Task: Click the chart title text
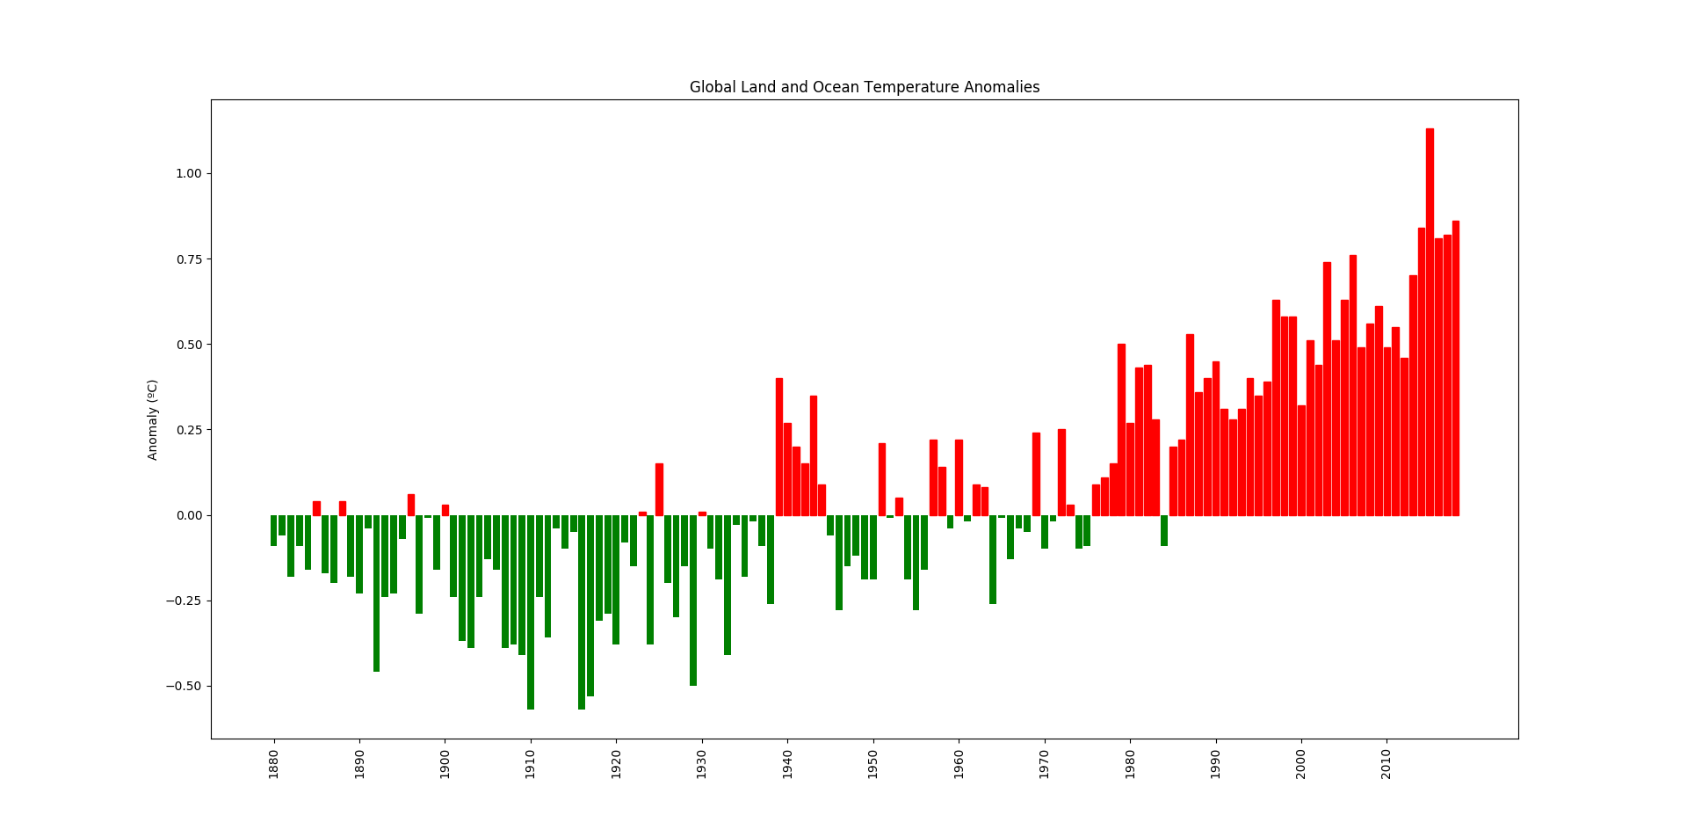(864, 87)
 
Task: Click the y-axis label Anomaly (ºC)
(153, 420)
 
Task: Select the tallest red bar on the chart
(1430, 322)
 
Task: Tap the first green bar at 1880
(273, 530)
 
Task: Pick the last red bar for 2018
(1455, 368)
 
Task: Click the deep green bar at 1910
(531, 612)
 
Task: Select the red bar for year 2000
(1301, 460)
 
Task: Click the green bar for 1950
(873, 547)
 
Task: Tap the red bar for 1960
(959, 477)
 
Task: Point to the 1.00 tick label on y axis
(188, 173)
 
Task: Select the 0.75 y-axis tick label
(188, 259)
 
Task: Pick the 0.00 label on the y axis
(188, 515)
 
